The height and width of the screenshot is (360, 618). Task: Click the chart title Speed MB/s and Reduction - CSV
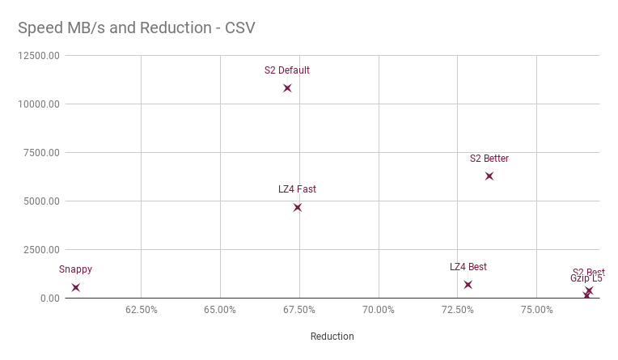[x=137, y=28]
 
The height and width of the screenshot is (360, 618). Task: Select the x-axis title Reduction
[x=332, y=337]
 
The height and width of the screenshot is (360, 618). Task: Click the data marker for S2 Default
[x=287, y=88]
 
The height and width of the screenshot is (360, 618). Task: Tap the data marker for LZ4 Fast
[x=298, y=208]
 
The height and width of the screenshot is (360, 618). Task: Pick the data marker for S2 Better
[x=489, y=176]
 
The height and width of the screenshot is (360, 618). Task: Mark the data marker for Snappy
[x=76, y=287]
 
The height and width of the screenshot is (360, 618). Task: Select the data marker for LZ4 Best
[x=468, y=285]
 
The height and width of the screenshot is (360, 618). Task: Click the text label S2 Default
[x=287, y=70]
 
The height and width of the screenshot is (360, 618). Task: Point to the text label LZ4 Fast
[x=297, y=189]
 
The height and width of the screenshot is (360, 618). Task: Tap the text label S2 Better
[x=489, y=159]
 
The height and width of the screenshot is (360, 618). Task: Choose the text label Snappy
[x=75, y=269]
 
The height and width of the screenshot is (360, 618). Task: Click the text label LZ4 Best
[x=468, y=267]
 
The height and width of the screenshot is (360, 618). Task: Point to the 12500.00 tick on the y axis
[x=38, y=56]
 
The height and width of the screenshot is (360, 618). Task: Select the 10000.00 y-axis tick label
[x=38, y=104]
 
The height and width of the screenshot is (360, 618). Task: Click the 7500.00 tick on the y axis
[x=40, y=153]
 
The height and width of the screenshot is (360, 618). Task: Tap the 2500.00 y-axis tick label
[x=40, y=250]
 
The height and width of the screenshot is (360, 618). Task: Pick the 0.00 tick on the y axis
[x=49, y=299]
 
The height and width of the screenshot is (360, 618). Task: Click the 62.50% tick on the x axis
[x=142, y=310]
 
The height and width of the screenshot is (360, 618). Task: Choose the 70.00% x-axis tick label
[x=379, y=310]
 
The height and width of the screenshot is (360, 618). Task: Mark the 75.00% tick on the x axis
[x=537, y=310]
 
